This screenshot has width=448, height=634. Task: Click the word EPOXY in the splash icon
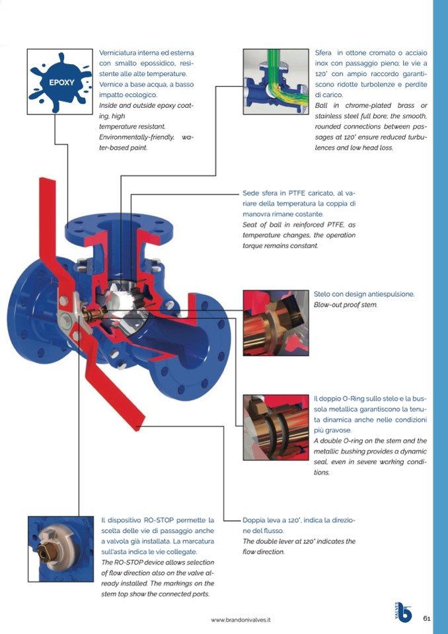62,83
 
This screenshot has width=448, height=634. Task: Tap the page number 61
427,618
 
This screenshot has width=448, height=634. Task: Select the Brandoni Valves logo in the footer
402,613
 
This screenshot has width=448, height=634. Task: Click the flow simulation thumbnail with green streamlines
276,82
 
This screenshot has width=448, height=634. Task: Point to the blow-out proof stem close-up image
276,323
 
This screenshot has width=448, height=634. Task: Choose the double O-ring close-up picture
276,427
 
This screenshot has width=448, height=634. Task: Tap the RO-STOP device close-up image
61,549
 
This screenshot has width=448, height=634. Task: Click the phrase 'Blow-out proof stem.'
346,305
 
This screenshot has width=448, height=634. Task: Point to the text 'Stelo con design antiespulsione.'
364,294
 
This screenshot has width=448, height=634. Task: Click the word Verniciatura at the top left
118,53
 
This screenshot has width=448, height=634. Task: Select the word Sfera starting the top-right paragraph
323,53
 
